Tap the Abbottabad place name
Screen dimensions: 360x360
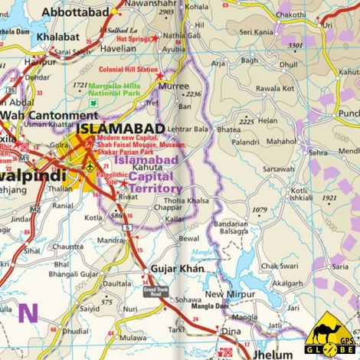75,11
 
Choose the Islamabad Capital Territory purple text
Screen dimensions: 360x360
147,174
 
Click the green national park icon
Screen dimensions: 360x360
93,103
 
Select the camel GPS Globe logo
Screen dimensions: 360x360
331,335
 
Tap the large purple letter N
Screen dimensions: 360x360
28,313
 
